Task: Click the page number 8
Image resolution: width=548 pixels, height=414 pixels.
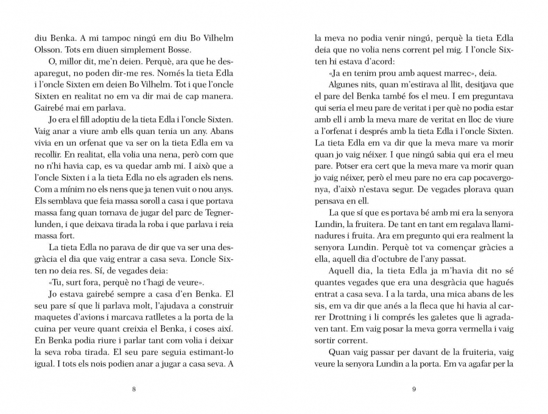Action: point(133,390)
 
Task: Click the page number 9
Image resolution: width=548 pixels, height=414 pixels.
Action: point(413,390)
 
